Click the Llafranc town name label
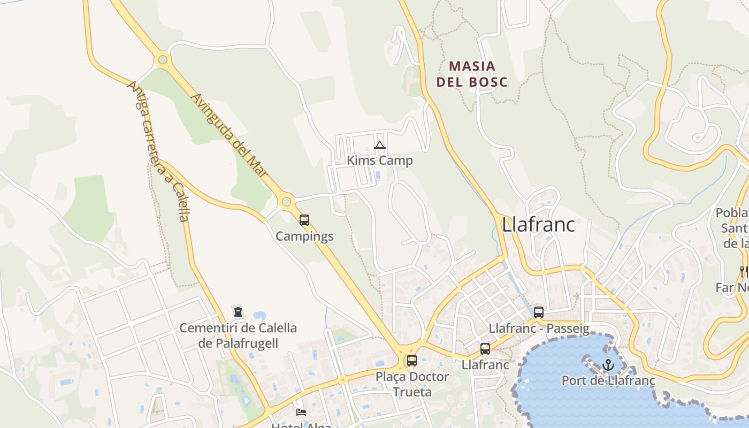[538, 225]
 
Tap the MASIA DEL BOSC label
[472, 74]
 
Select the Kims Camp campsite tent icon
[380, 146]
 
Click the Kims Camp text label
[380, 160]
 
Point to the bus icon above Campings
[304, 220]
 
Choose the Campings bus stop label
[304, 236]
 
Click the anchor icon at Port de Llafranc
[608, 365]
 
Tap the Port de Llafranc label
[608, 380]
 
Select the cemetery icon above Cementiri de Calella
[238, 312]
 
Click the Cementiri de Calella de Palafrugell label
[238, 335]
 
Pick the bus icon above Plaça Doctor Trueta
[411, 361]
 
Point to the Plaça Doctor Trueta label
[412, 384]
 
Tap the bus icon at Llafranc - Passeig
[539, 312]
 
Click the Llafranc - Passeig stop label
[539, 328]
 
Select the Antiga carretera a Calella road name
[158, 151]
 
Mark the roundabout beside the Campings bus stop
[287, 202]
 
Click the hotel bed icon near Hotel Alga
[301, 412]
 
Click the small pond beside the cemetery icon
[259, 315]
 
